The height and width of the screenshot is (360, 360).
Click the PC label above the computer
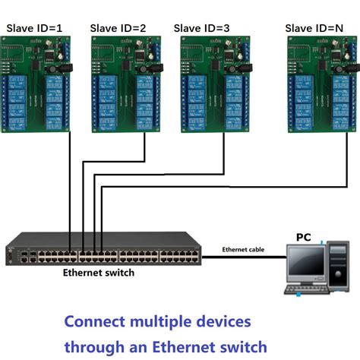303,238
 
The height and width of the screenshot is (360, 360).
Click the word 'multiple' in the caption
163,321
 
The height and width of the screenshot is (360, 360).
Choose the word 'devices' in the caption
224,321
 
